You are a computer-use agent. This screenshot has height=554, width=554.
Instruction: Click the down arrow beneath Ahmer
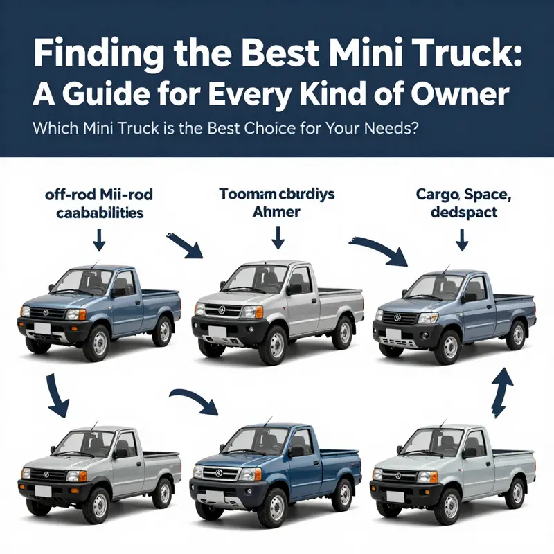[x=277, y=240]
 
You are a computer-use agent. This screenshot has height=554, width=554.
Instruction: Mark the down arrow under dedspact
[x=460, y=240]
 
